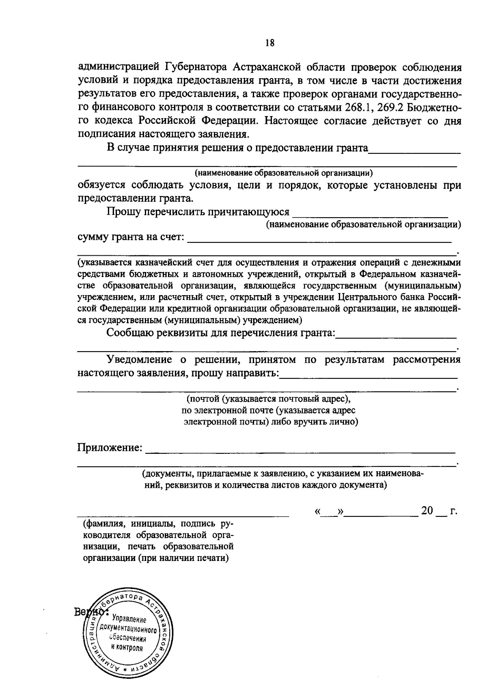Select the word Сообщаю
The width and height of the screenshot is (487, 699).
pyautogui.click(x=129, y=333)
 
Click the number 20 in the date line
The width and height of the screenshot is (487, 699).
pyautogui.click(x=427, y=511)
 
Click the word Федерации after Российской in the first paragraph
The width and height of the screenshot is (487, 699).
pyautogui.click(x=228, y=121)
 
